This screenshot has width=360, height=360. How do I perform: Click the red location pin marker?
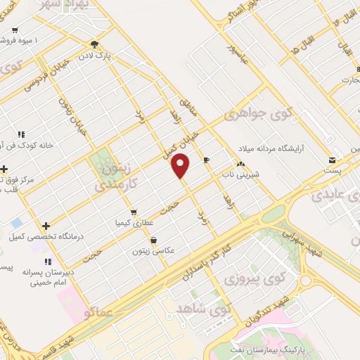181,166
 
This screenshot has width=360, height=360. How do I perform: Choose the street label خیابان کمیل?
193,137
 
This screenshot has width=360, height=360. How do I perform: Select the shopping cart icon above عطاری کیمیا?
132,211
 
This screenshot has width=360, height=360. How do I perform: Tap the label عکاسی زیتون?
162,250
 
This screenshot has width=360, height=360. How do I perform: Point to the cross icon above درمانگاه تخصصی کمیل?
46,226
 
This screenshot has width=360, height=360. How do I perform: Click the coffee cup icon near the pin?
206,160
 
